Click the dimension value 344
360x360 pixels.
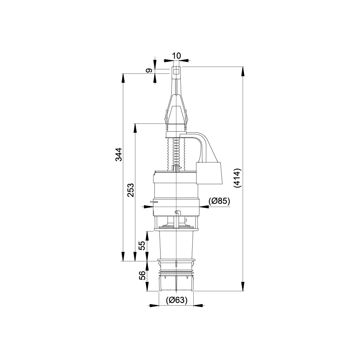119,154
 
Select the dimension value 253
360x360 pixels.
131,190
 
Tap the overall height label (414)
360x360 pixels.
237,178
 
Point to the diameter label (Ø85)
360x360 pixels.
219,201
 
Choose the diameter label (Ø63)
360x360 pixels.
176,300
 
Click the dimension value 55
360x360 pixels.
143,246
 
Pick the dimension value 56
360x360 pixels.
143,275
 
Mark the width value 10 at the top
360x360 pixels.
176,55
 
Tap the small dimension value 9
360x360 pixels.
149,71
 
